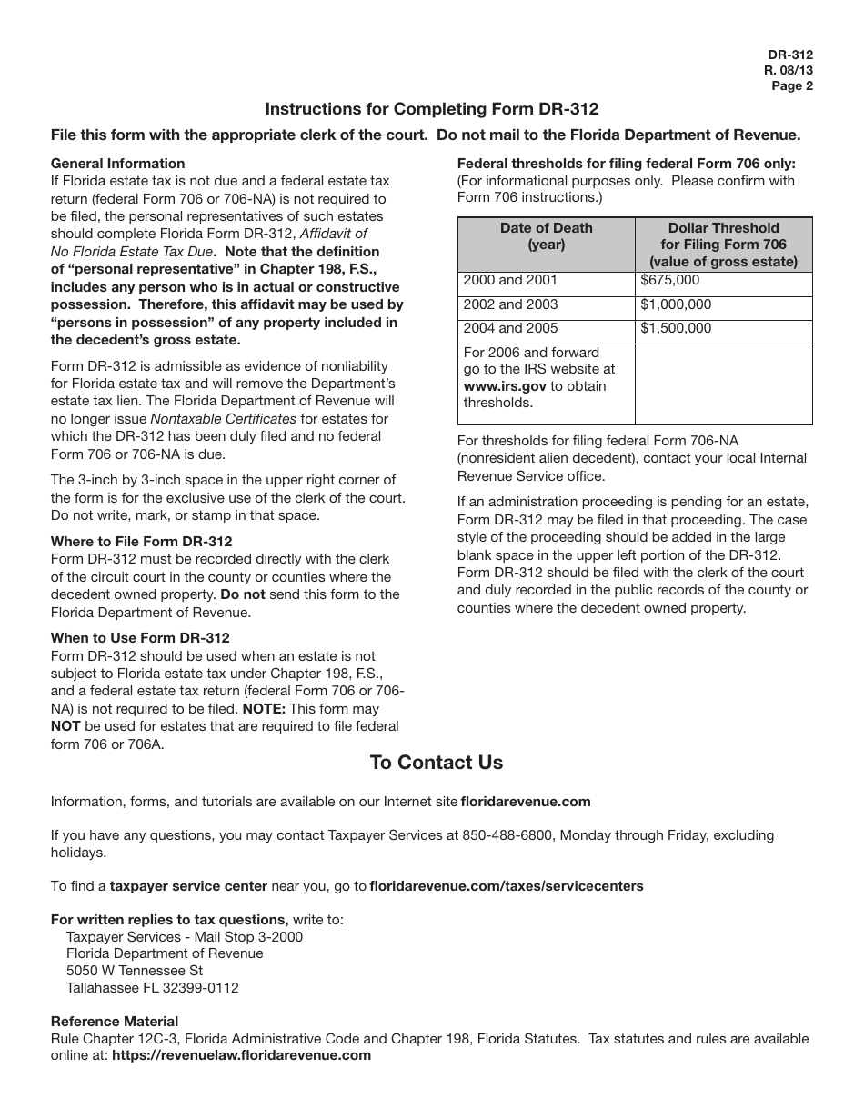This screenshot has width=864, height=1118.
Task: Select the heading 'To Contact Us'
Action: tap(436, 763)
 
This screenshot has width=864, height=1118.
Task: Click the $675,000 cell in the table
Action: tap(670, 281)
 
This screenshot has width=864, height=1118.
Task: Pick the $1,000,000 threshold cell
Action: tap(676, 304)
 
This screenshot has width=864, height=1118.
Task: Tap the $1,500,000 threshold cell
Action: tap(676, 328)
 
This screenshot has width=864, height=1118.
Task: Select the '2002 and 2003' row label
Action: tap(510, 304)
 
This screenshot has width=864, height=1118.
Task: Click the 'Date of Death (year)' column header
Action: tap(546, 236)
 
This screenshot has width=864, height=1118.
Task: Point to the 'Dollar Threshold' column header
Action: tap(723, 228)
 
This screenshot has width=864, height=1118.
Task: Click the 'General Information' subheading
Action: tap(117, 164)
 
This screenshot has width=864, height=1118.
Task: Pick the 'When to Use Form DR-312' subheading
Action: tap(140, 638)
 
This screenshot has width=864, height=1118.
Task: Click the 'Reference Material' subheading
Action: tap(115, 1022)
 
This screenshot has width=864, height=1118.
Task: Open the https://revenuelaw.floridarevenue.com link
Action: tap(241, 1055)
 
